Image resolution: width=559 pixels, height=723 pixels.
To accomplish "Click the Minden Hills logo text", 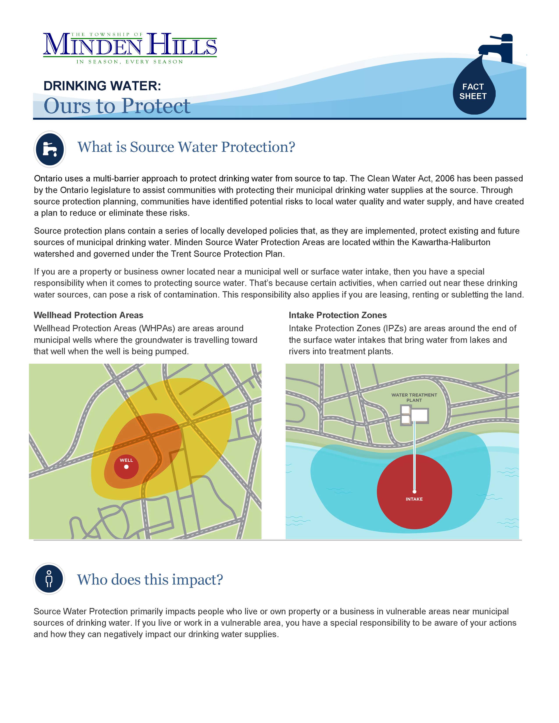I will [x=130, y=45].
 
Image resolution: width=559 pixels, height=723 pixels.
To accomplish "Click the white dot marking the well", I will [x=126, y=467].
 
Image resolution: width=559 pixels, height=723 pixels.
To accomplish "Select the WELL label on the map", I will [x=126, y=460].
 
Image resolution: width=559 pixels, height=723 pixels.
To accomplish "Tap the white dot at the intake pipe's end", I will [x=414, y=492].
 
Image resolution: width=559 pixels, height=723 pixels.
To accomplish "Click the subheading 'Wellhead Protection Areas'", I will [x=88, y=315].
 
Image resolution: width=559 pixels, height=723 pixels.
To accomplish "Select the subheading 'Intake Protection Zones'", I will [x=337, y=315].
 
